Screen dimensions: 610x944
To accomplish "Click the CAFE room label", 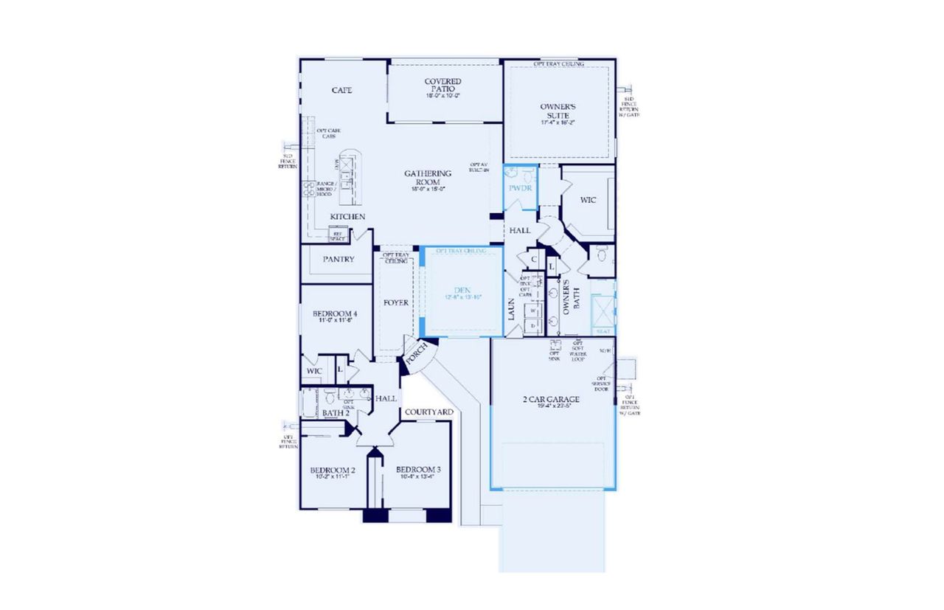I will coord(341,90).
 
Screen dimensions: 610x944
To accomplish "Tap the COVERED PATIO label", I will coord(443,86).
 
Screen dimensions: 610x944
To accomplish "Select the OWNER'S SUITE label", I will coord(558,111).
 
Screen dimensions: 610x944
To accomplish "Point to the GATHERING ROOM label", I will coord(428,178).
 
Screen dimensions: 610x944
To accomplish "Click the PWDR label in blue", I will coord(520,188).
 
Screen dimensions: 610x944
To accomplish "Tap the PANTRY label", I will coord(339,260).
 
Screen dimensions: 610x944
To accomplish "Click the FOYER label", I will coord(396,302).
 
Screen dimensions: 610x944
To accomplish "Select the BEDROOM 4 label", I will coord(330,314).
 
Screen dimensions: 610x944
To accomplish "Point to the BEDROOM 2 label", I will coord(333,470).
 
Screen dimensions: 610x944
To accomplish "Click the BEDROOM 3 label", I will coord(418,470).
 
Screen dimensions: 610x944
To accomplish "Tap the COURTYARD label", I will coord(428,412).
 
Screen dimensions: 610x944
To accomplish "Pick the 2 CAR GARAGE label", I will coord(551,400).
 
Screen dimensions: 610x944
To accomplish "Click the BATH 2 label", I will coord(335,413).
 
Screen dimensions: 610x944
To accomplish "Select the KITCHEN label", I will coord(347,216).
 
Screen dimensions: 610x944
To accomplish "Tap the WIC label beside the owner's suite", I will coord(588,200).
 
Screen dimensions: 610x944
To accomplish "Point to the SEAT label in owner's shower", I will coord(603,332).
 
